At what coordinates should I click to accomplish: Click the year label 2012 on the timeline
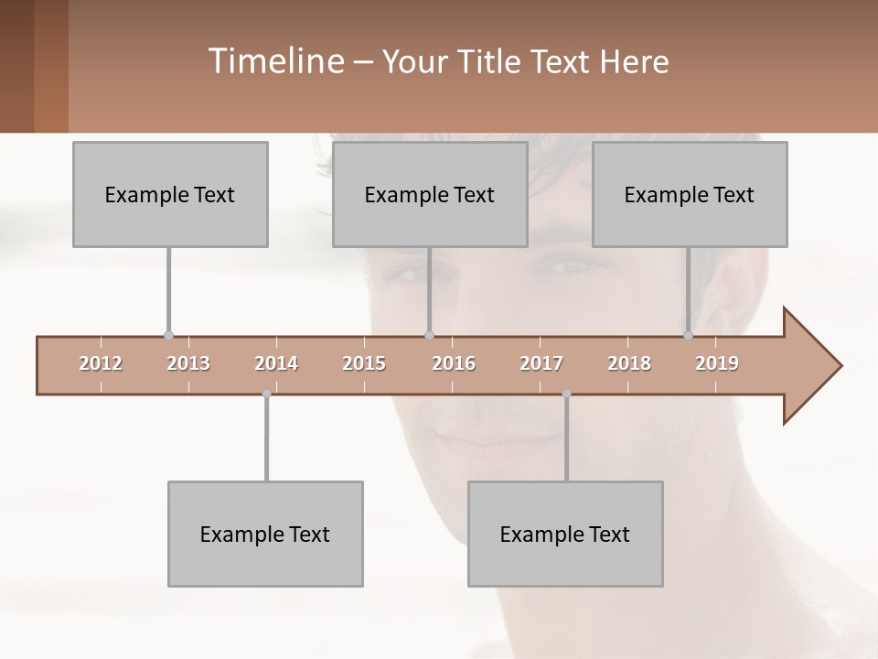tap(101, 363)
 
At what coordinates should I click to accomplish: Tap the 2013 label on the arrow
tap(188, 363)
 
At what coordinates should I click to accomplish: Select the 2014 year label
tap(276, 363)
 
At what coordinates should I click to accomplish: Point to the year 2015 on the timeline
tap(364, 363)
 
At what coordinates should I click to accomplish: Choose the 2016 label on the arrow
tap(454, 363)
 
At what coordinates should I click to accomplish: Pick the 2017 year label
tap(541, 363)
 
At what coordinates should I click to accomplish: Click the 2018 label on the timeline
tap(629, 363)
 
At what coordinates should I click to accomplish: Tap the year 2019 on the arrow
tap(717, 363)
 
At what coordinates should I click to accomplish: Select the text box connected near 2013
tap(170, 194)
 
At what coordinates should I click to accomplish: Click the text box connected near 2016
tap(430, 194)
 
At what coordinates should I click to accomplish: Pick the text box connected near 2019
tap(690, 194)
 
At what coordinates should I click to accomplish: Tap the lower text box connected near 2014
tap(265, 534)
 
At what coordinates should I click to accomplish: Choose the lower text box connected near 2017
tap(565, 534)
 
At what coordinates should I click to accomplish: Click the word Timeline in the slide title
tap(274, 61)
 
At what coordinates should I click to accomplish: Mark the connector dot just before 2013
tap(168, 335)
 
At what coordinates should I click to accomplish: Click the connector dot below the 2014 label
tap(266, 394)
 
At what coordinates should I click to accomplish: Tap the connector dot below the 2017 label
tap(566, 394)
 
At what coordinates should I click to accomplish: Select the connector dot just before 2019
tap(689, 335)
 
